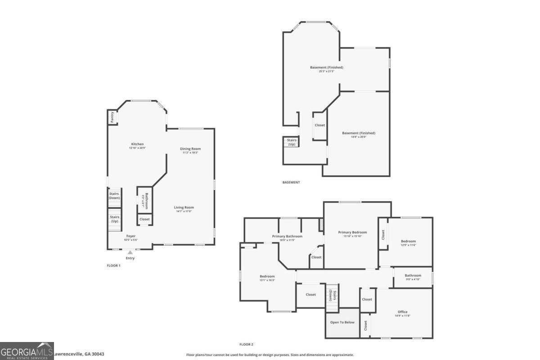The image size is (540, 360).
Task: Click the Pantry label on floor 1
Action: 112,117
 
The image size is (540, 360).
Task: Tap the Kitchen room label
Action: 137,144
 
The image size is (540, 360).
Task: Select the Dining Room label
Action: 190,149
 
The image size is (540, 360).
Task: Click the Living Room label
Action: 184,207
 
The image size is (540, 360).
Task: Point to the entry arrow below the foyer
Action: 130,252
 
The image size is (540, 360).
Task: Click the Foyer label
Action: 130,236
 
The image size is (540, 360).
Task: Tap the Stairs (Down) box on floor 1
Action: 114,196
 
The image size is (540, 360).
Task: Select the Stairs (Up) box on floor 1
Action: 114,219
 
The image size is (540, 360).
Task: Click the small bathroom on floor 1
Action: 144,199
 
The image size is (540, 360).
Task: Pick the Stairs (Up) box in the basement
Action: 291,142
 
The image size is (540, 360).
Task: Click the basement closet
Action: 319,126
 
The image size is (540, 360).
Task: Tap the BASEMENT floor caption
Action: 291,182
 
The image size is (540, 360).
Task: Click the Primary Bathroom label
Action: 287,236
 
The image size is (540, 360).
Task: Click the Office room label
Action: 402,312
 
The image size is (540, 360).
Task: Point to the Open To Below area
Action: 342,322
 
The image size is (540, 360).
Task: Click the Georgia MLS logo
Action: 27,351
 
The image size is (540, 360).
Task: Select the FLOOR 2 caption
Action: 246,344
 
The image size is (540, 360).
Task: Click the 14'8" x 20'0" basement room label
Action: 359,133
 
